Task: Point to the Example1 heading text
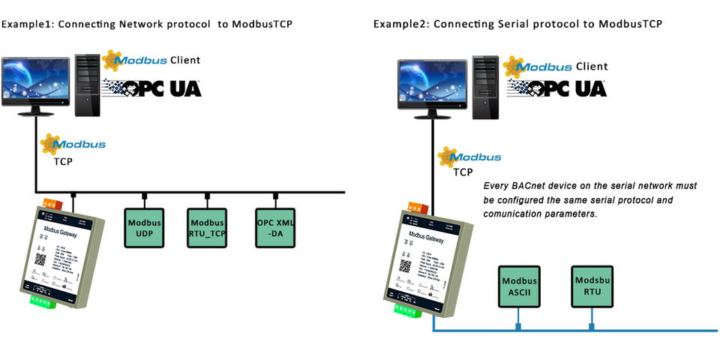pyautogui.click(x=146, y=24)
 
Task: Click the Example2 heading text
pyautogui.click(x=517, y=24)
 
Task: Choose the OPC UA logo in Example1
pyautogui.click(x=153, y=87)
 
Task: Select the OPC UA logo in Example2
pyautogui.click(x=558, y=87)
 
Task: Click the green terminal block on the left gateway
pyautogui.click(x=46, y=301)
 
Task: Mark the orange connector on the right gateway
pyautogui.click(x=416, y=207)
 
